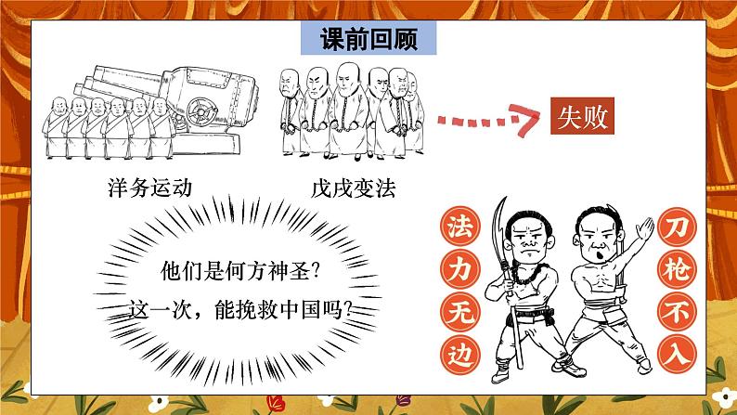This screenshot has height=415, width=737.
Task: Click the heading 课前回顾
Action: pyautogui.click(x=368, y=39)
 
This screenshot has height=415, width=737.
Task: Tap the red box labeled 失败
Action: pyautogui.click(x=582, y=116)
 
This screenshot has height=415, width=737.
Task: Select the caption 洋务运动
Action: pyautogui.click(x=150, y=188)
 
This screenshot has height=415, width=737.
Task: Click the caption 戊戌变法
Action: pyautogui.click(x=354, y=188)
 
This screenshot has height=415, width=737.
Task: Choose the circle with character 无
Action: pyautogui.click(x=460, y=311)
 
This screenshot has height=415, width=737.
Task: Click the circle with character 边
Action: pyautogui.click(x=460, y=354)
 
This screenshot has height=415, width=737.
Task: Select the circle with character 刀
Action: pyautogui.click(x=677, y=227)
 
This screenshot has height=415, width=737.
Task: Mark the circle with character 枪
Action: pyautogui.click(x=677, y=269)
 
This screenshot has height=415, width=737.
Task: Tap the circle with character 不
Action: pyautogui.click(x=677, y=311)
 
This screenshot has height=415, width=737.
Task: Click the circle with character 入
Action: pyautogui.click(x=677, y=354)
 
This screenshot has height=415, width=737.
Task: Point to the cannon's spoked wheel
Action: pyautogui.click(x=202, y=111)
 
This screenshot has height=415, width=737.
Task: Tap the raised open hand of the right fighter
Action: pyautogui.click(x=644, y=229)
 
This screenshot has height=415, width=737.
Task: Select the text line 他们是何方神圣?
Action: pyautogui.click(x=240, y=271)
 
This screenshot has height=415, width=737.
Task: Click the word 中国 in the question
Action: pyautogui.click(x=299, y=310)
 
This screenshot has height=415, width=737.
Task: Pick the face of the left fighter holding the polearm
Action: pyautogui.click(x=530, y=240)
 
